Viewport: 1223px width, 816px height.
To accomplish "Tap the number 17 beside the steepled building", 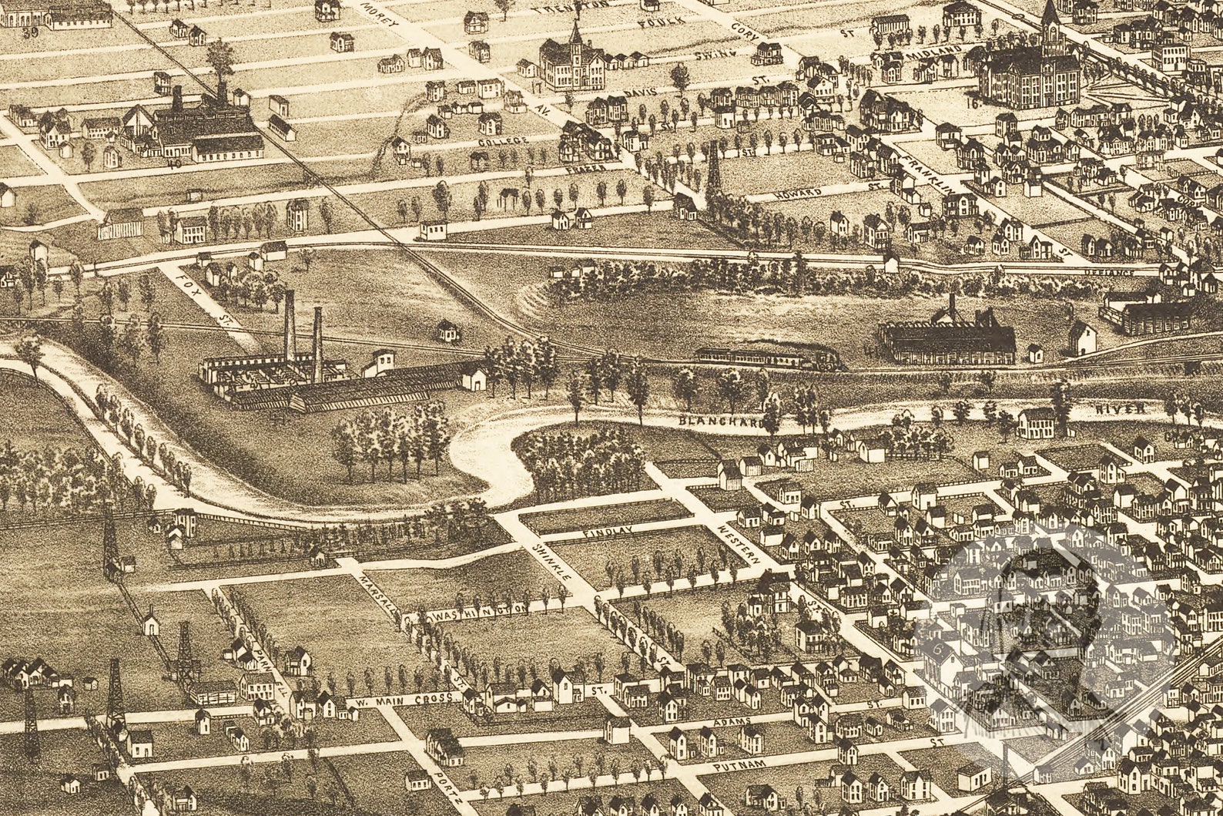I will [534, 87].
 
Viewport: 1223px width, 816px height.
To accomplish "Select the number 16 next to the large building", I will [974, 99].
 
